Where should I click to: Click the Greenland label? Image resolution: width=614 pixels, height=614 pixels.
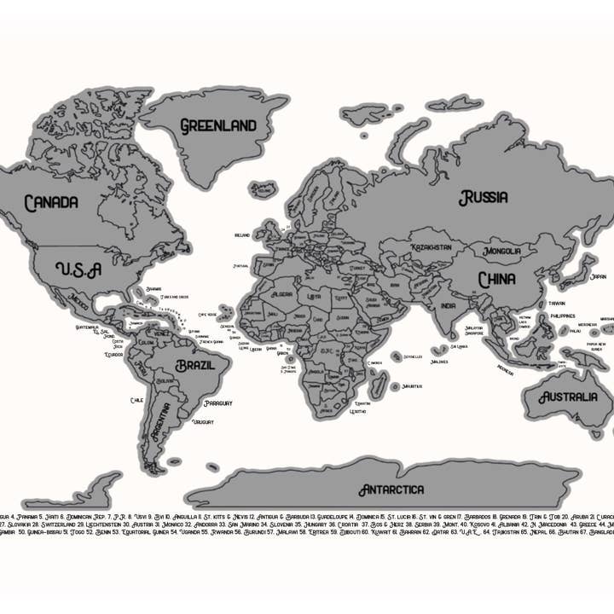click(218, 125)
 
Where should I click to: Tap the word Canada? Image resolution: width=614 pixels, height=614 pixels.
click(51, 202)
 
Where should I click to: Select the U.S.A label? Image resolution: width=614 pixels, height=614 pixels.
click(78, 269)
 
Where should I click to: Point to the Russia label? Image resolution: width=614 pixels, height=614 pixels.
click(484, 198)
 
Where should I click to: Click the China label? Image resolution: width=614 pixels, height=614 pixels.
click(496, 280)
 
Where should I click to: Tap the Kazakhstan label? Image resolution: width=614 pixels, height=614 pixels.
click(431, 247)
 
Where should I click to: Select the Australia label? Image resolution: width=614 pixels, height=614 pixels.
click(568, 397)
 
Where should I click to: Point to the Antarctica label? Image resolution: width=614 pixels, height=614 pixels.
click(391, 489)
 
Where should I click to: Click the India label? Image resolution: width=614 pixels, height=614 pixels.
click(448, 306)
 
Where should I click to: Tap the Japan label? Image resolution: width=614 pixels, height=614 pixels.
click(599, 276)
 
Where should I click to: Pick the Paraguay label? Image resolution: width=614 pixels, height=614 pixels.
click(218, 403)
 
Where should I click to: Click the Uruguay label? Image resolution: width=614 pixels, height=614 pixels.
click(203, 421)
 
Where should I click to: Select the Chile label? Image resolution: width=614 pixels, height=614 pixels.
click(136, 400)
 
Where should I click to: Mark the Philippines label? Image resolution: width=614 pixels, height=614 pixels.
click(562, 316)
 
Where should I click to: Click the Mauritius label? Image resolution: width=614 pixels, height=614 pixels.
click(413, 386)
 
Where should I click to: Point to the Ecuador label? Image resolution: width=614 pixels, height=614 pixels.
click(113, 355)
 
